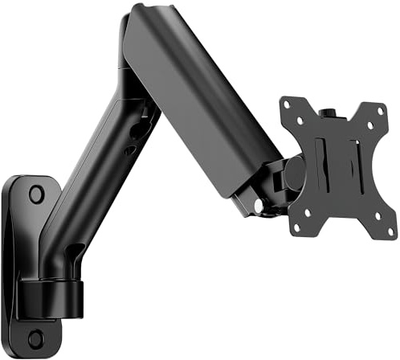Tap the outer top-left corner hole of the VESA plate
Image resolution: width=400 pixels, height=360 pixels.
coord(287,104)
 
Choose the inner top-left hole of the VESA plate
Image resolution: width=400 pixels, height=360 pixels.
coord(300,121)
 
